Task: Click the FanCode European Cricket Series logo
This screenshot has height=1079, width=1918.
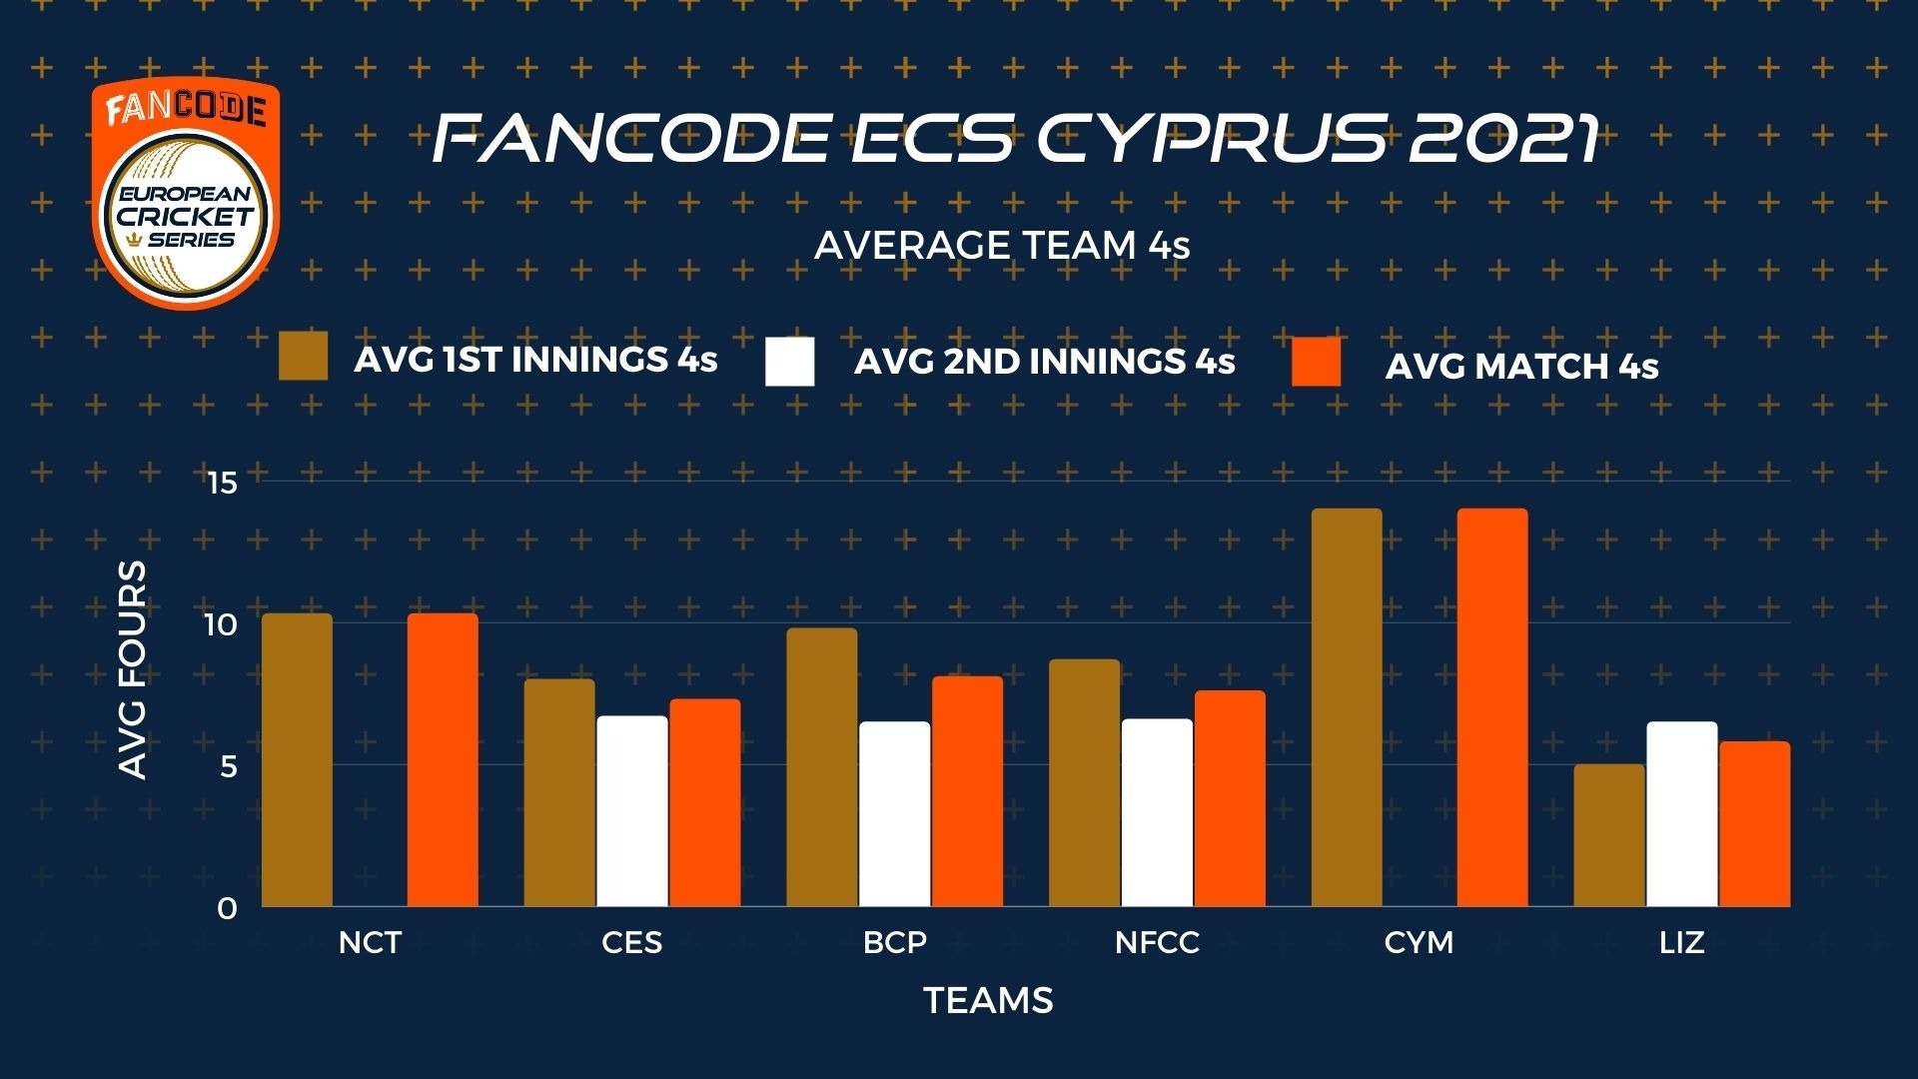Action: pyautogui.click(x=186, y=193)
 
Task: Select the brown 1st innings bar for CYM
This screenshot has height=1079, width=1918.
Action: pyautogui.click(x=1347, y=707)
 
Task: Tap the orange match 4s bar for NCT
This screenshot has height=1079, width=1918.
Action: pyautogui.click(x=443, y=760)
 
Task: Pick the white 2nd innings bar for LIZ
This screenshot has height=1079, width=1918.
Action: pyautogui.click(x=1682, y=814)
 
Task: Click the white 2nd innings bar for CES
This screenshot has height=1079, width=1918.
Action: pyautogui.click(x=632, y=811)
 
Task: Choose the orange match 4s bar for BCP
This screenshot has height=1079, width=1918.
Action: pyautogui.click(x=967, y=791)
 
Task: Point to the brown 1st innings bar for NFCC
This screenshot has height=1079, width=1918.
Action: pyautogui.click(x=1084, y=783)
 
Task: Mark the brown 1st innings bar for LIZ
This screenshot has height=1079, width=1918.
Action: pyautogui.click(x=1609, y=835)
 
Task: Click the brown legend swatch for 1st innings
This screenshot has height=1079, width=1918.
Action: pyautogui.click(x=303, y=357)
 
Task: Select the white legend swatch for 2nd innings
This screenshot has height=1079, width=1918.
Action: pyautogui.click(x=790, y=362)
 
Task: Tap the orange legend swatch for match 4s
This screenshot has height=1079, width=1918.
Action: pyautogui.click(x=1317, y=362)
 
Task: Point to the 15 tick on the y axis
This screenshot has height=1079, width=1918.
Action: pyautogui.click(x=221, y=484)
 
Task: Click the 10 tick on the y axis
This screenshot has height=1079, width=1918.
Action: pyautogui.click(x=221, y=625)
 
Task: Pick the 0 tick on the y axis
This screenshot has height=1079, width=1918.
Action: pyautogui.click(x=228, y=909)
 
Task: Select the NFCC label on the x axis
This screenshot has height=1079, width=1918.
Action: pyautogui.click(x=1157, y=942)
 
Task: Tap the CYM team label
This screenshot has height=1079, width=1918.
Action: pyautogui.click(x=1419, y=942)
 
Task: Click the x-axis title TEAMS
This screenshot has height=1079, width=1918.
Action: pyautogui.click(x=988, y=1001)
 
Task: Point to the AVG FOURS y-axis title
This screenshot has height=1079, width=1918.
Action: pyautogui.click(x=133, y=669)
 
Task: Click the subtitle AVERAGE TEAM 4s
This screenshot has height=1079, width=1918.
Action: pyautogui.click(x=1002, y=246)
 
